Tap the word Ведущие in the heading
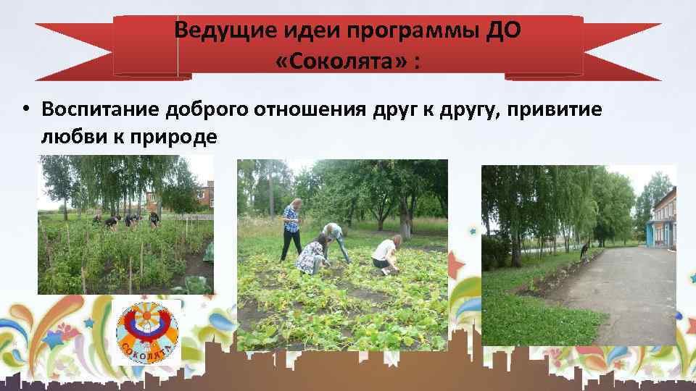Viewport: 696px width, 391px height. pos(210,31)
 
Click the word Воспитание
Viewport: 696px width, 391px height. pos(101,109)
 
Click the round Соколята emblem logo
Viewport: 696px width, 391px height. pos(147,332)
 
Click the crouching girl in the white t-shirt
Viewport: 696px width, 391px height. pos(385,254)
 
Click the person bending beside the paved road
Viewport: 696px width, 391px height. pos(584,251)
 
